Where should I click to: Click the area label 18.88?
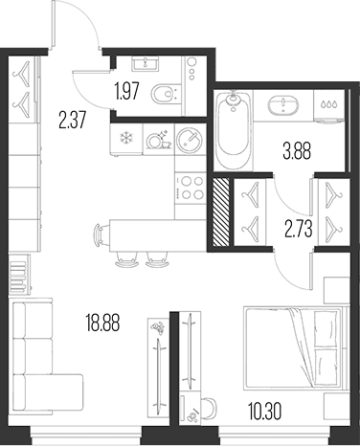102,323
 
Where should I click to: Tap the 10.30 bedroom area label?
264,412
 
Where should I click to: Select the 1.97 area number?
127,91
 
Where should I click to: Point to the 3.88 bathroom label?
297,151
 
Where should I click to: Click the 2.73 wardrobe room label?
299,229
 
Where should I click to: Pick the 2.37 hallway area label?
73,120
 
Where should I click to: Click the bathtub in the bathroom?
234,130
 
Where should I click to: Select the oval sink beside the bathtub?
283,105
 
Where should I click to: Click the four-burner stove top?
191,188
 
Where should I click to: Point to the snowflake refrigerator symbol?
125,138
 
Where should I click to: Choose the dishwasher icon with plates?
158,140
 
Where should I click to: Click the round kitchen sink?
190,140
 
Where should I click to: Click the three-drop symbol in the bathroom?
329,104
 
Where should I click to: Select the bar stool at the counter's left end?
101,234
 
